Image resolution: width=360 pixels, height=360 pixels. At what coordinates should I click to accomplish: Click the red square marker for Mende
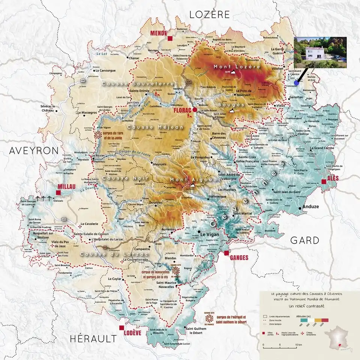pos(170,38)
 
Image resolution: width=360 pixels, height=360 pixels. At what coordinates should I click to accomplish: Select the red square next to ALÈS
pos(323,181)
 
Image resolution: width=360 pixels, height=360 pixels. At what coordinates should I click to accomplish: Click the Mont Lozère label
pos(237,67)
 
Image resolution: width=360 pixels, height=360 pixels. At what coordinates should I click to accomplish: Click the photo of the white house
pos(320,52)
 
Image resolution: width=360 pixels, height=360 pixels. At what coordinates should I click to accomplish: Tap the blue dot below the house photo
pos(296,82)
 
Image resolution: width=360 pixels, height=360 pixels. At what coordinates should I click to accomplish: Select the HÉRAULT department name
pos(93,339)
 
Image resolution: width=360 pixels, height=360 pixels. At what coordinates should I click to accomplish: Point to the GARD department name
pos(305,240)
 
